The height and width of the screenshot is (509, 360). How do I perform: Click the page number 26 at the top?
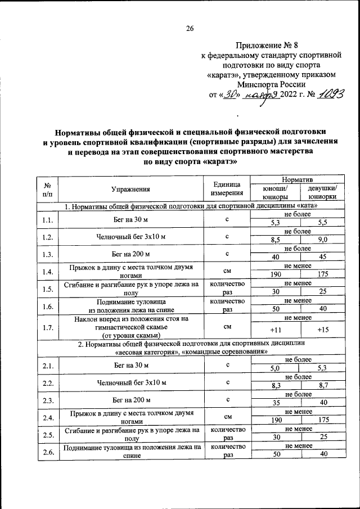[x=190, y=29]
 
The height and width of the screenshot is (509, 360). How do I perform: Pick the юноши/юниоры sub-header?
[x=275, y=193]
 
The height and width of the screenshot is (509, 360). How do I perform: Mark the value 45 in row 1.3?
[x=322, y=256]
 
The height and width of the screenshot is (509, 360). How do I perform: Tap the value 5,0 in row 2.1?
[x=275, y=369]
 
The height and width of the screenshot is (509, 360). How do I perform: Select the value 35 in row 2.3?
[x=275, y=403]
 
